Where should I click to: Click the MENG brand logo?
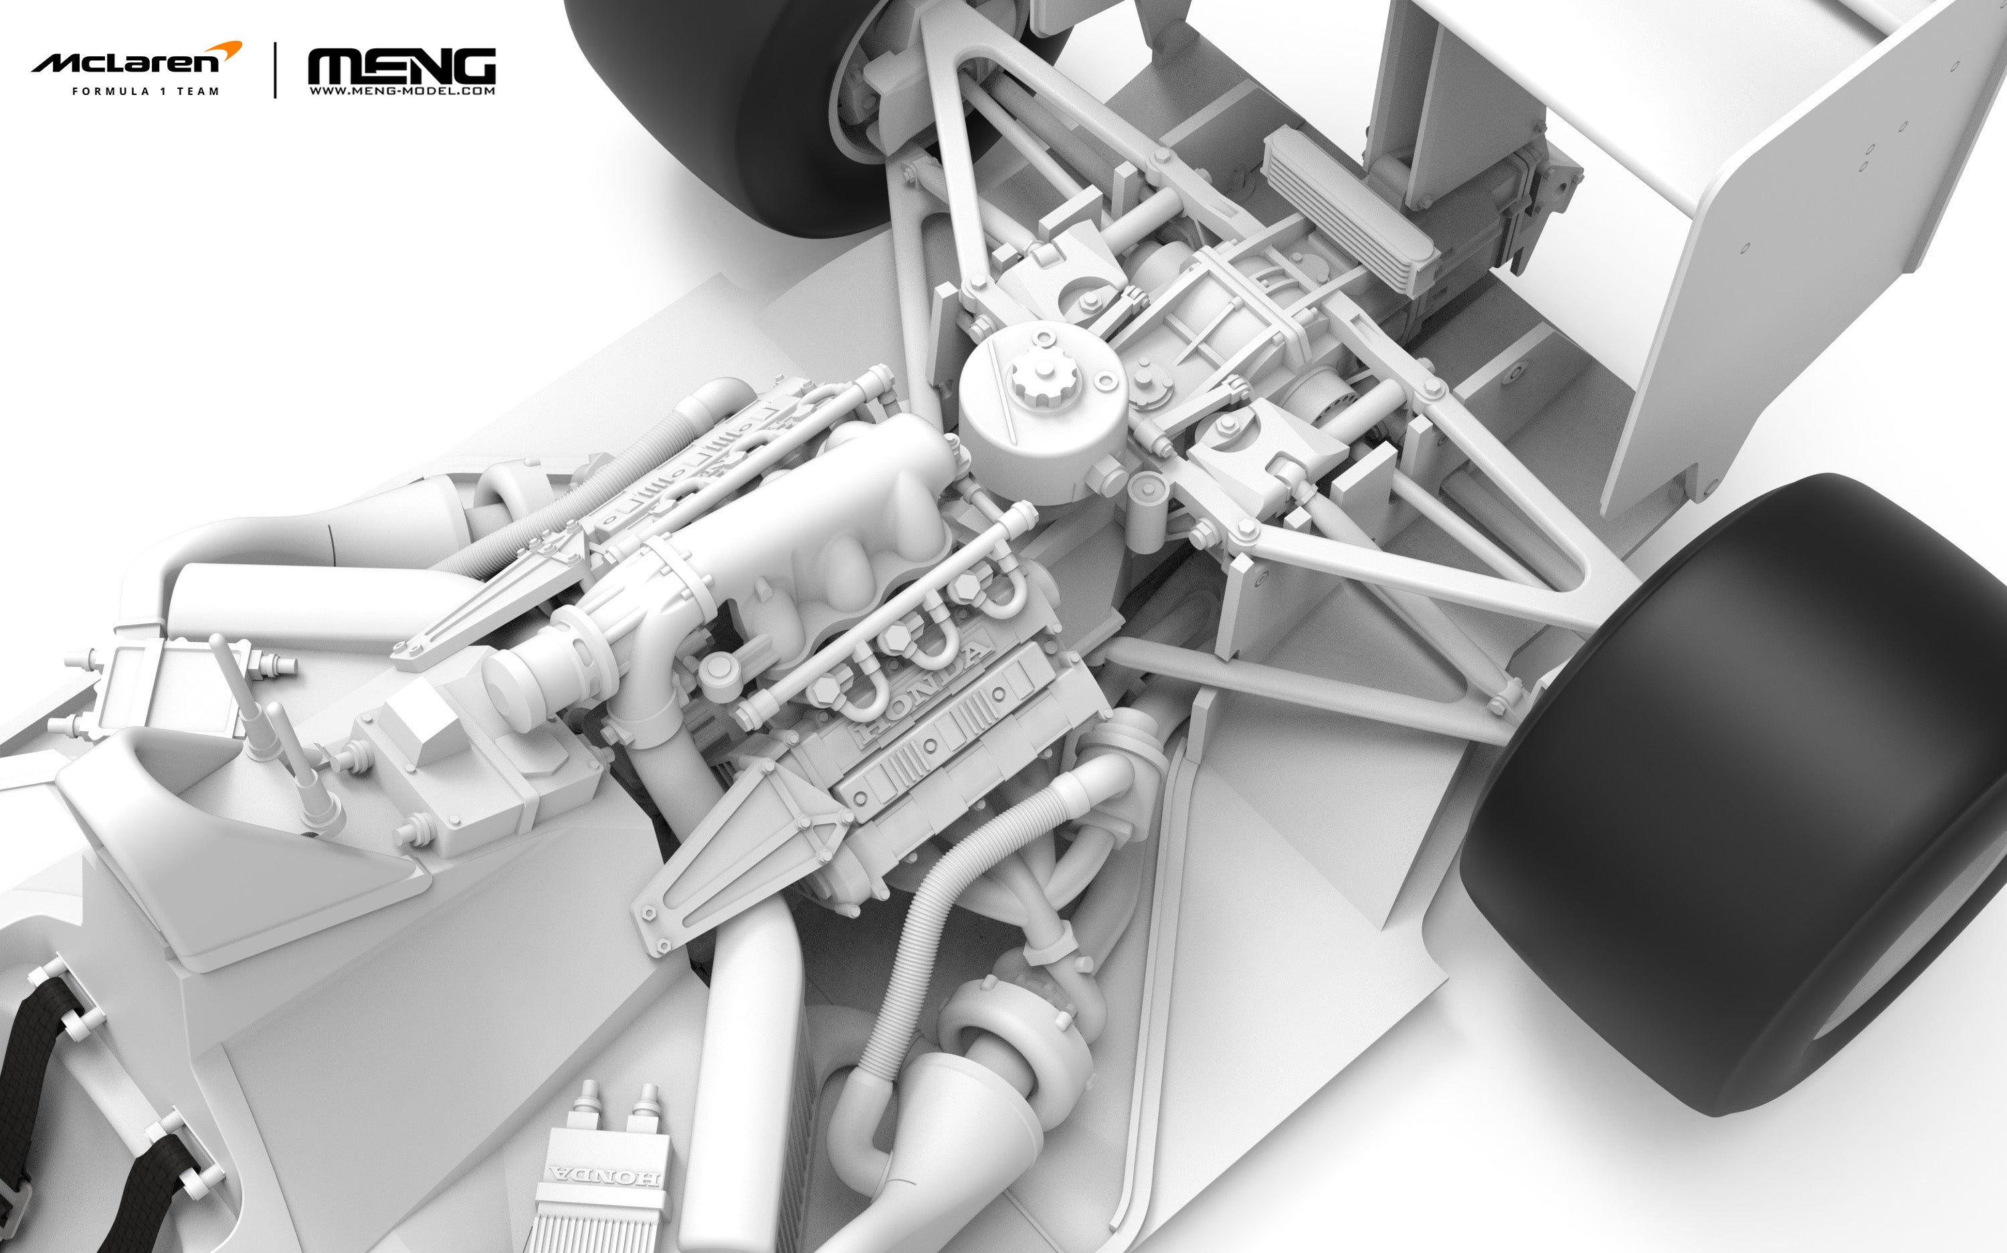401,66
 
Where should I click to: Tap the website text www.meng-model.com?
402,91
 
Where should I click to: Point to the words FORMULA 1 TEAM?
146,91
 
